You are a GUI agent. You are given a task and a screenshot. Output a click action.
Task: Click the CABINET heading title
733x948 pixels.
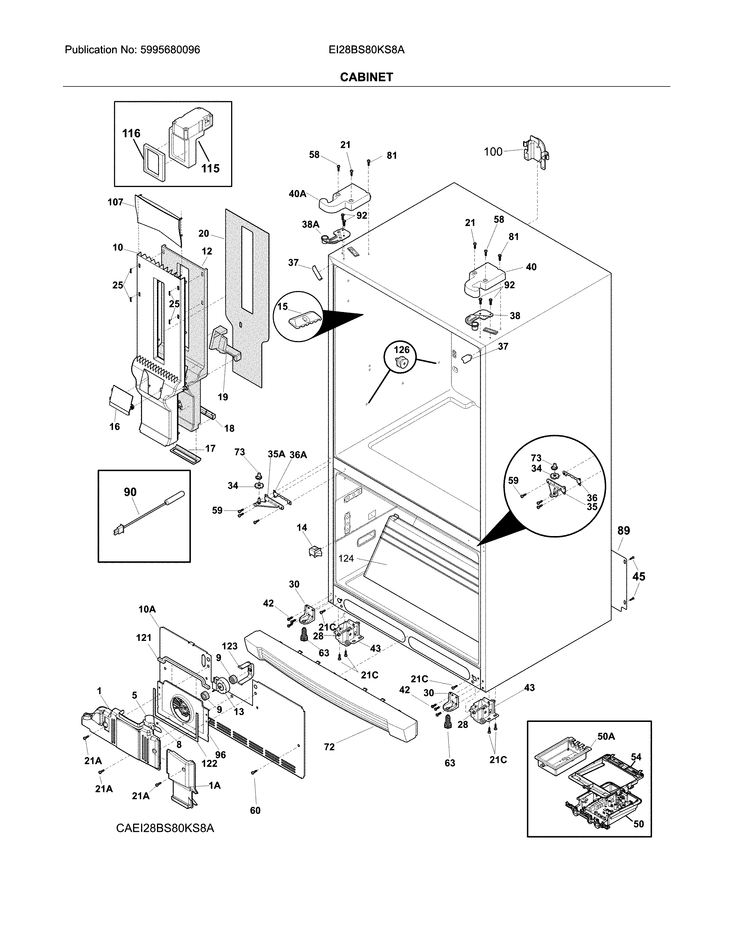pos(367,77)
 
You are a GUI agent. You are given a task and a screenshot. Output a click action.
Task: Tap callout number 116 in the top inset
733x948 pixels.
pos(131,133)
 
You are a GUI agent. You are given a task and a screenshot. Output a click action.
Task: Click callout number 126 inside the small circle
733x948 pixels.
pos(401,349)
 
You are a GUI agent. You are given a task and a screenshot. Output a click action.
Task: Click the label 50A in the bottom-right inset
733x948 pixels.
pos(606,736)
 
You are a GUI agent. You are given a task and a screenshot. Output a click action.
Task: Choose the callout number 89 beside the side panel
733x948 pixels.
pos(623,530)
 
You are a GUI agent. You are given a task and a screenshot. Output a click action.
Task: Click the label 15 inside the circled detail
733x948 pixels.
pos(283,307)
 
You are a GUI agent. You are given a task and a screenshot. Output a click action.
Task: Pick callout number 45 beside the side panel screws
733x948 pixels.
pos(638,577)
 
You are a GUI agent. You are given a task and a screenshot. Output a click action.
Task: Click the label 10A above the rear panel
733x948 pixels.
pos(147,609)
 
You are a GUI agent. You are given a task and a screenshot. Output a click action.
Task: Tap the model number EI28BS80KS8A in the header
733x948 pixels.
pos(367,50)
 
